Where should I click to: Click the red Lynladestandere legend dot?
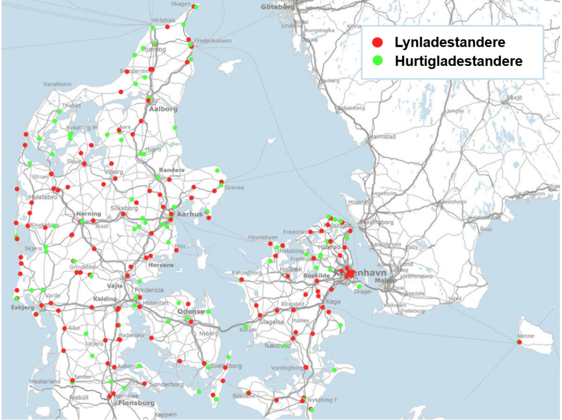377,42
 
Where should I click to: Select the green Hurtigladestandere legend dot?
377,60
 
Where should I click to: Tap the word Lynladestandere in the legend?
449,42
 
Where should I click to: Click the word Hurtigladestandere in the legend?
458,61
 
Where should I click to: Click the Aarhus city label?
190,214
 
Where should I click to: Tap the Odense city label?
190,311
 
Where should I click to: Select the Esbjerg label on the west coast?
23,307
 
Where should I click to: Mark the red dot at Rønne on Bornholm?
519,343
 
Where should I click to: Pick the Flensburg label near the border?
136,403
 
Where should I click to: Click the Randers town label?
172,170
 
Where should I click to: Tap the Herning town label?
89,214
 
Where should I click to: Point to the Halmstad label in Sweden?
384,136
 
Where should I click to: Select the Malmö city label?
385,281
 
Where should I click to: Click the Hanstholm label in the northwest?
57,85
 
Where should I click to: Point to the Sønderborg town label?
166,384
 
